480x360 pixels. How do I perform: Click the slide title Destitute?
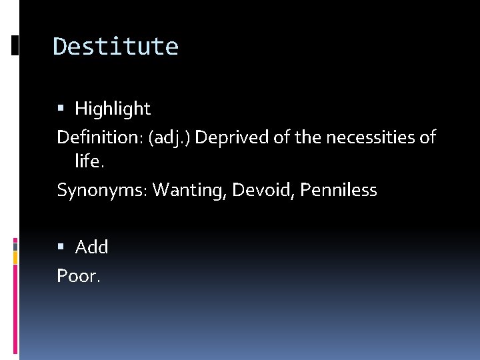click(x=115, y=47)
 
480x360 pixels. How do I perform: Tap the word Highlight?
click(x=113, y=109)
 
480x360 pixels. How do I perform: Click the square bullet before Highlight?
click(x=61, y=108)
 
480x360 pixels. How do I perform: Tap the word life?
click(x=89, y=161)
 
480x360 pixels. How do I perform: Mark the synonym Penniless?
click(x=339, y=191)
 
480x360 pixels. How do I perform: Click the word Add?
click(x=92, y=247)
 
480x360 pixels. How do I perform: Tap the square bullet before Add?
click(x=61, y=247)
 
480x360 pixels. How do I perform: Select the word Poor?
click(x=79, y=275)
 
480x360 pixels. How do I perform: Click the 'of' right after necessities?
click(x=427, y=138)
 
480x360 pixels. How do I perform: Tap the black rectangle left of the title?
click(x=15, y=46)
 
